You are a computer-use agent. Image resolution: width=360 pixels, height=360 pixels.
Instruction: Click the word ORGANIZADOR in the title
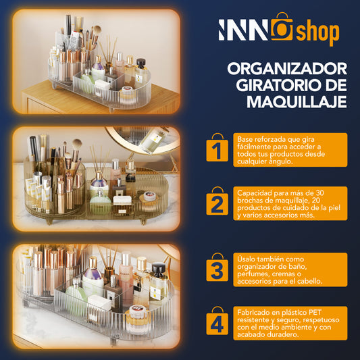pos(287,69)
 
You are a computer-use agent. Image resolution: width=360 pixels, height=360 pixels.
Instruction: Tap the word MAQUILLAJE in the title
pos(297,101)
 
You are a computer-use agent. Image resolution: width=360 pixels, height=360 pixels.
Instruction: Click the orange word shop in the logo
pos(317,33)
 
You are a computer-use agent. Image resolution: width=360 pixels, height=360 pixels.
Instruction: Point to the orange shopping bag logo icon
pos(282,27)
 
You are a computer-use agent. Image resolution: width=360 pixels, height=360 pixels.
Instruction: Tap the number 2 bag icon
pos(217,201)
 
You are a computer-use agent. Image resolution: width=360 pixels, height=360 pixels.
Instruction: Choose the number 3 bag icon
pos(217,267)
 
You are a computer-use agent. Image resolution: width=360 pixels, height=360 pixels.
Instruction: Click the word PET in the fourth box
pos(315,313)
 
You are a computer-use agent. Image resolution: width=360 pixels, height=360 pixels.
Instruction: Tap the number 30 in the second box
pos(319,193)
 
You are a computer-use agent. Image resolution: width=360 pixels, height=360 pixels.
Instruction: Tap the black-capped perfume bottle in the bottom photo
pos(158,281)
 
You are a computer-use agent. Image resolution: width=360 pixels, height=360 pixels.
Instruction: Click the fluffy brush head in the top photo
pos(97,30)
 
